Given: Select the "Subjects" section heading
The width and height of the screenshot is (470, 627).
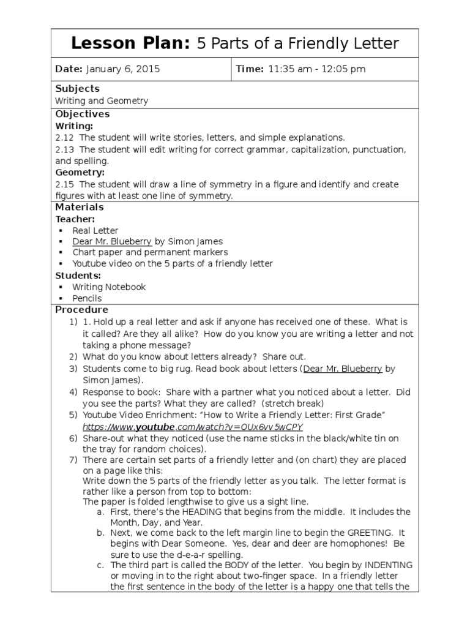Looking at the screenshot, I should point(77,89).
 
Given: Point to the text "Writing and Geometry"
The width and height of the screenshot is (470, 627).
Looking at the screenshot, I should point(102,101).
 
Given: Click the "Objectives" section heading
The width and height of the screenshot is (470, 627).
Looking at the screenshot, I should point(83,114).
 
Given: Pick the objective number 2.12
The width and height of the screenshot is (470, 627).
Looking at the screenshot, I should point(64,138).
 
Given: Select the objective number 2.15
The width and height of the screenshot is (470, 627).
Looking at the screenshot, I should point(64,184).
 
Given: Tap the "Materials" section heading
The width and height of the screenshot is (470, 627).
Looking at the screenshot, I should point(80,207).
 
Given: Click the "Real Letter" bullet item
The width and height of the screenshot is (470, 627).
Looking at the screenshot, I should point(95,231).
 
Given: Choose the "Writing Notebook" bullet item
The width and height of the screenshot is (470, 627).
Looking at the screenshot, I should point(109,287).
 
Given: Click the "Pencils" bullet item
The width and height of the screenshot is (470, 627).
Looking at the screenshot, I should point(87,298).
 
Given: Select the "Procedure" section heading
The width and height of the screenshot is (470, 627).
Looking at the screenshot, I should point(81,310).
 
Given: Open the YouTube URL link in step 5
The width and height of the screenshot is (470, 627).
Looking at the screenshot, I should point(193,427).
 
